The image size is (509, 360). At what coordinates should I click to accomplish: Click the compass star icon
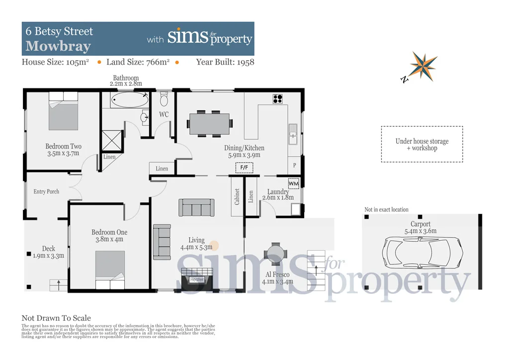(423, 66)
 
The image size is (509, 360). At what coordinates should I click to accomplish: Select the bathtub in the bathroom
(129, 99)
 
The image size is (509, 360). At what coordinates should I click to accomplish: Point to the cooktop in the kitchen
(278, 99)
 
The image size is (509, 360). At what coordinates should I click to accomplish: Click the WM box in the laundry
(293, 183)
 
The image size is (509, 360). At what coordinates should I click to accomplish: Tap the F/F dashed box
(244, 168)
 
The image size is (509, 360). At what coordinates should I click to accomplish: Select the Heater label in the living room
(197, 279)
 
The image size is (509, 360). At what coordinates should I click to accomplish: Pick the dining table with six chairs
(210, 124)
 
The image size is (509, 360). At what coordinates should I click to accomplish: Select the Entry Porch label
(46, 191)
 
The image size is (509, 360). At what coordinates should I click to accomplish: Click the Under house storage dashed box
(422, 144)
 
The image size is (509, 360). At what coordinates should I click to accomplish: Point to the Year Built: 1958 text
(225, 62)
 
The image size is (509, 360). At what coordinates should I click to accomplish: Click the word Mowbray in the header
(58, 47)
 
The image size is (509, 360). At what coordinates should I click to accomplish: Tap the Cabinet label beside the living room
(237, 197)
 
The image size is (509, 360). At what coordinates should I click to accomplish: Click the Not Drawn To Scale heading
(56, 318)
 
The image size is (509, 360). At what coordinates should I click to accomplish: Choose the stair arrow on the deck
(59, 285)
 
